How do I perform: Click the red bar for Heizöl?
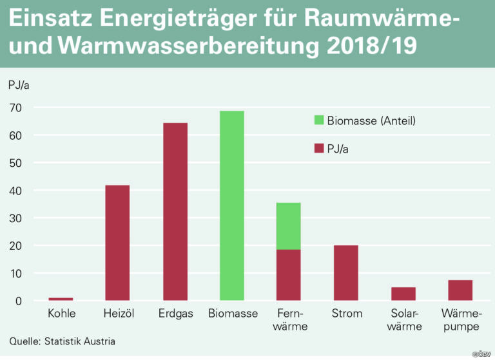117,243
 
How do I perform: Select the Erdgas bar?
175,211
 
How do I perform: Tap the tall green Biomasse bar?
232,205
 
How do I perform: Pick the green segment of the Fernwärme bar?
289,226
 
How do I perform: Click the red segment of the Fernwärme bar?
289,275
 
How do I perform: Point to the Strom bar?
346,272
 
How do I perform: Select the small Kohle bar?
61,299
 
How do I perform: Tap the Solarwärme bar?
403,294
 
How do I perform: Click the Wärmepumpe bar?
460,290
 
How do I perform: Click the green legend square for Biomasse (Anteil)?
319,120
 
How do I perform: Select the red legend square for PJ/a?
319,148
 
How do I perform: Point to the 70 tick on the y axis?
15,108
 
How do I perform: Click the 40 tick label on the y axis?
15,191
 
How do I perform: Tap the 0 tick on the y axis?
19,301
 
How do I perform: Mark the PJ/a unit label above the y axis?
19,85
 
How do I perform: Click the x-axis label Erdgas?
175,314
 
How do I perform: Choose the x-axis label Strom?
347,313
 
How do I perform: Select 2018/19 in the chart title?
372,46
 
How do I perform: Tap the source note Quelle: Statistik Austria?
62,341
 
